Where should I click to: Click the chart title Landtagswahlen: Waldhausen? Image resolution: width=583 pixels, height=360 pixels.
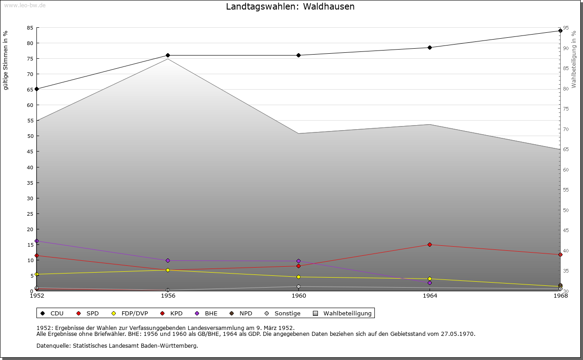point(290,7)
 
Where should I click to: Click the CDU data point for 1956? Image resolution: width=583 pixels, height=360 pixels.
point(168,56)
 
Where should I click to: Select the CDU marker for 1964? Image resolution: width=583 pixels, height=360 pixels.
point(430,47)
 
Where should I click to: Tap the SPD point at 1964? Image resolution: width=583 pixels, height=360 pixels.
point(430,245)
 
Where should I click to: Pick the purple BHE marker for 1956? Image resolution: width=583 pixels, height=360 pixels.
point(168,261)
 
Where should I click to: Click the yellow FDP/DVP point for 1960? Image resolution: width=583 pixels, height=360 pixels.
point(299,277)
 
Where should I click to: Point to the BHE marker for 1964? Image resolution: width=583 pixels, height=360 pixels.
point(430,283)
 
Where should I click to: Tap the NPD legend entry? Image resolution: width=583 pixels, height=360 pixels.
point(245,314)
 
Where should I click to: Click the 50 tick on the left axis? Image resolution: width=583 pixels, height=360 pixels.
point(30,136)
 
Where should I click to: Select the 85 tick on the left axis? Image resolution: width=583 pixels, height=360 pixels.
point(30,28)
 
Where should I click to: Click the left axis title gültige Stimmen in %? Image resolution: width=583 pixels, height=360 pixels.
point(6,61)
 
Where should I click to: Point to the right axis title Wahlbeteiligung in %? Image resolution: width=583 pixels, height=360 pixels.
point(574,60)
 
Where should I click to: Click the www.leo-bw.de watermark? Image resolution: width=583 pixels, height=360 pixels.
point(25,4)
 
